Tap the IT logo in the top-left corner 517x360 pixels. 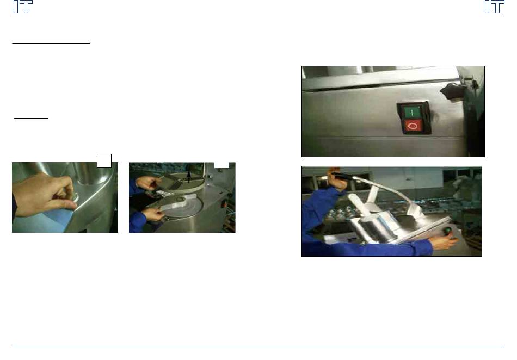tap(23, 7)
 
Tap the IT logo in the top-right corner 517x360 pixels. tap(494, 7)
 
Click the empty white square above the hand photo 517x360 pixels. tap(104, 161)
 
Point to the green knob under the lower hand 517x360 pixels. tap(448, 231)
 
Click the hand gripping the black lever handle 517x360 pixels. tap(337, 179)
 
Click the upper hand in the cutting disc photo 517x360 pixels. tap(148, 183)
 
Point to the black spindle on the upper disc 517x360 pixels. tap(189, 174)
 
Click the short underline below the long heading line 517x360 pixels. tap(30, 118)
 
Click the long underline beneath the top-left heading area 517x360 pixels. tap(51, 43)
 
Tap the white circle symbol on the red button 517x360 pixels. tap(412, 126)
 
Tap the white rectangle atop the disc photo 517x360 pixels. tap(221, 165)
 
